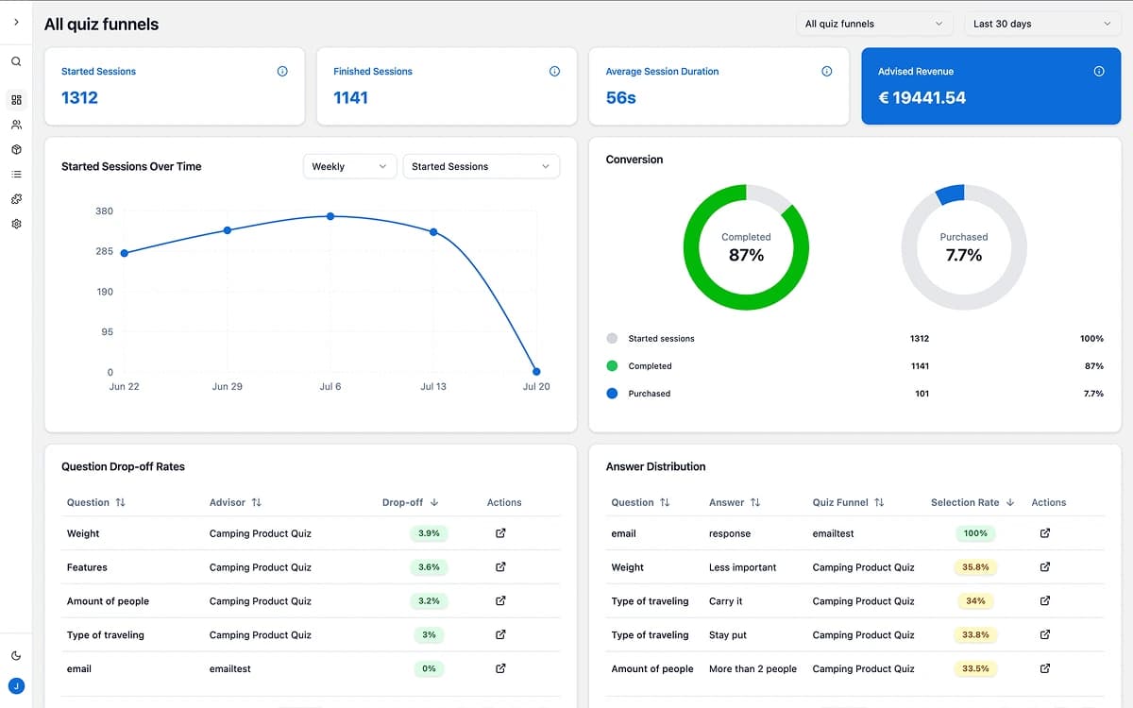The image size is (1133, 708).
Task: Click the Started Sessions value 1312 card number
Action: (79, 97)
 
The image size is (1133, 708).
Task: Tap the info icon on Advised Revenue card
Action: (1098, 72)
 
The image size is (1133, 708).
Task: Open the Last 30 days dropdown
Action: (1041, 24)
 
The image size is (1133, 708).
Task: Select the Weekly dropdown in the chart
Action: (348, 166)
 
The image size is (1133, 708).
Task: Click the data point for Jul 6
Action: (330, 216)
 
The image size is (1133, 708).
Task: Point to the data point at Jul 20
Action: (536, 372)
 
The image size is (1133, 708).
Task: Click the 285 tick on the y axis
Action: (104, 251)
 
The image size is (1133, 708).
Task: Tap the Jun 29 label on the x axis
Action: (228, 387)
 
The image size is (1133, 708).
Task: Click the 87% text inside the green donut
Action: (746, 255)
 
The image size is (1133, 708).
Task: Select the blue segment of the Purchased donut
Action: (950, 194)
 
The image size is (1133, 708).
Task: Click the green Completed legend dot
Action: (612, 366)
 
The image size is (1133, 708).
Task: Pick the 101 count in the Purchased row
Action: (922, 394)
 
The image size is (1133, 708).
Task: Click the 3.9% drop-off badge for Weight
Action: (429, 533)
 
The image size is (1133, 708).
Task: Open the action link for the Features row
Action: (500, 567)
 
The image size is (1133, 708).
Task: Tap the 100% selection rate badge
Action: (975, 533)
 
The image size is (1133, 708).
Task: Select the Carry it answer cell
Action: (725, 601)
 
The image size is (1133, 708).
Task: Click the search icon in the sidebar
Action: (16, 62)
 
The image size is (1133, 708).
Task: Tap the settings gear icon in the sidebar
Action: (16, 225)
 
